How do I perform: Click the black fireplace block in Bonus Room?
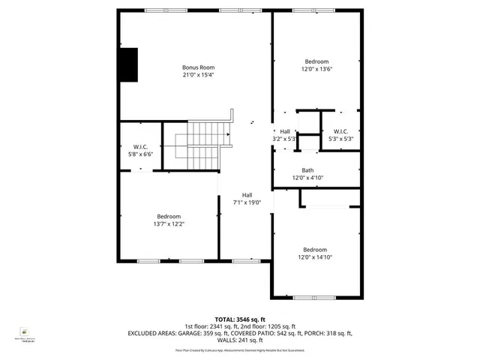click(x=129, y=64)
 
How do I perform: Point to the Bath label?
click(x=307, y=170)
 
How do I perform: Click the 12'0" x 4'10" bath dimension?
click(x=307, y=178)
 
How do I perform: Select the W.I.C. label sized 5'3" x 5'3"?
click(x=340, y=131)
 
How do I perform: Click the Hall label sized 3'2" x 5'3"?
click(x=285, y=131)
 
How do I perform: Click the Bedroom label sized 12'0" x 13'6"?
click(x=316, y=61)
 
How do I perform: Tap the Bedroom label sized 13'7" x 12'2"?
click(x=168, y=216)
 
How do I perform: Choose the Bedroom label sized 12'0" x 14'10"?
click(x=315, y=249)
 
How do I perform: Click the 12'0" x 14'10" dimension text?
click(x=315, y=257)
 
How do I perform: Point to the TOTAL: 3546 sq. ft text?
click(x=240, y=319)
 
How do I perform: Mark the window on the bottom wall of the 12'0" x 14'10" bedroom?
click(x=315, y=298)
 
